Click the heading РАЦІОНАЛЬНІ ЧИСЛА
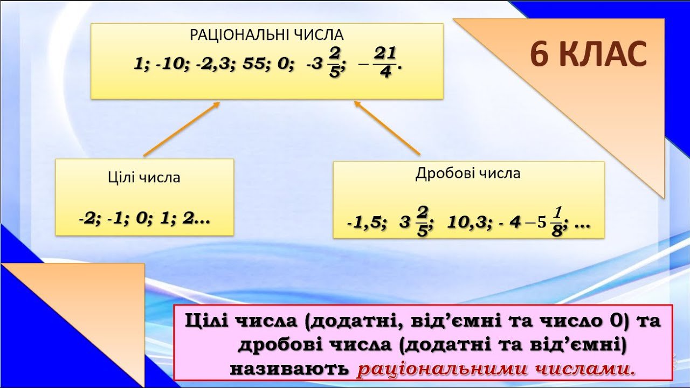coord(266,35)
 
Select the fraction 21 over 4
coord(385,63)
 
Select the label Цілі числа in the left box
coord(144,178)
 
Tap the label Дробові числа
coord(468,174)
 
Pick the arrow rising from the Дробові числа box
coord(387,128)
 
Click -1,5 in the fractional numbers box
coord(365,223)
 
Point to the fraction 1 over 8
coord(557,221)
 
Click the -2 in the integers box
coord(88,219)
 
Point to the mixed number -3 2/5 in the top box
coord(323,63)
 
